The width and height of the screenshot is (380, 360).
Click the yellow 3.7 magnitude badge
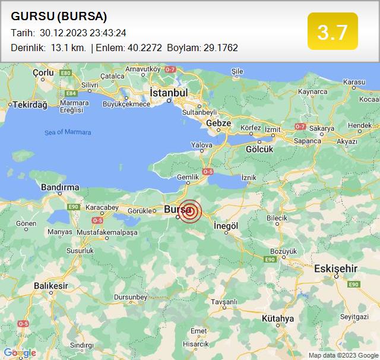click(x=332, y=31)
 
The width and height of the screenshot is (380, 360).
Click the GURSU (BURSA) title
click(x=59, y=16)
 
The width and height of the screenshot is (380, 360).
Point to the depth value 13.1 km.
click(x=68, y=48)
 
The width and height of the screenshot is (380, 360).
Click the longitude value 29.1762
click(x=219, y=48)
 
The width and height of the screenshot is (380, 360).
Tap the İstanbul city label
click(x=169, y=93)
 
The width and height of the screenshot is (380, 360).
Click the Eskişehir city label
click(x=336, y=269)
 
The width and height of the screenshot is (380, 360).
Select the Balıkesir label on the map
click(x=51, y=286)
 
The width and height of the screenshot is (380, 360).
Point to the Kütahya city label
click(x=277, y=319)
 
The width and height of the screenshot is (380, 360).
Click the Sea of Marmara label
click(x=68, y=132)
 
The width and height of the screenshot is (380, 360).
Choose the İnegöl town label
click(x=226, y=226)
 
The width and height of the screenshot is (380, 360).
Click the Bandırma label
click(x=60, y=187)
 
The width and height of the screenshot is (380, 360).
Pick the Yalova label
click(x=201, y=145)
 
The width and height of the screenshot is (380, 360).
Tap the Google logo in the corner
click(x=20, y=353)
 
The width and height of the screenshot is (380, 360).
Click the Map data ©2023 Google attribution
click(x=343, y=355)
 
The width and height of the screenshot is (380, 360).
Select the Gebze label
click(x=218, y=122)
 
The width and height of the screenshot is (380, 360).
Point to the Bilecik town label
click(x=277, y=218)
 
